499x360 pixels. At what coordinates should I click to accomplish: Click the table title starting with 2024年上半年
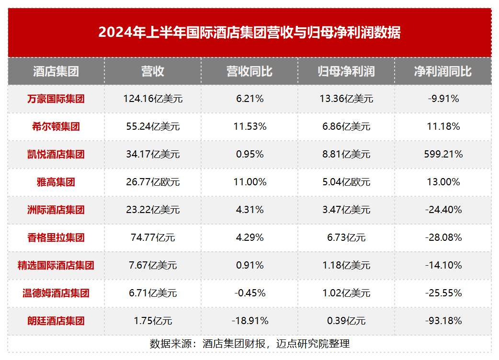(249, 33)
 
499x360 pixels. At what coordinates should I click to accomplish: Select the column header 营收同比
(249, 71)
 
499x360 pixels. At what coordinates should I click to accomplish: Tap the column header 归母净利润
(346, 71)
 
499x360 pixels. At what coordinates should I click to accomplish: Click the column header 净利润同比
(443, 71)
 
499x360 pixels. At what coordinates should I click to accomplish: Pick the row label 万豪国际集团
(56, 99)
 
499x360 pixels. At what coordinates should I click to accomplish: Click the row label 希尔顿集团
(56, 127)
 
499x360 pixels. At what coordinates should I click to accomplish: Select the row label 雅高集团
(56, 182)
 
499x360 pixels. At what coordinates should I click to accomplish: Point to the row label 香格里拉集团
(56, 237)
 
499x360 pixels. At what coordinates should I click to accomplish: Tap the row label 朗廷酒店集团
(56, 321)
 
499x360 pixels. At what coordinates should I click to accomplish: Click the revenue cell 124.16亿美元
(153, 99)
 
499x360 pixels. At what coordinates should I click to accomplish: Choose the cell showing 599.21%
(443, 155)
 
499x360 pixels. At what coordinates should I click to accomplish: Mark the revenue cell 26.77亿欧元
(153, 182)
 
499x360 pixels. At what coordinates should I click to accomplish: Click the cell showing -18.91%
(249, 321)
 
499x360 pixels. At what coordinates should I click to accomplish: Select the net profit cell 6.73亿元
(346, 237)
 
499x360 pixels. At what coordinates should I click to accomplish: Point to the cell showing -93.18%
(443, 321)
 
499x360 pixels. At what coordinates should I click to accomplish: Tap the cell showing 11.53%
(249, 127)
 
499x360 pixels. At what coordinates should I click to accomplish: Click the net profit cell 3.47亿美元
(346, 210)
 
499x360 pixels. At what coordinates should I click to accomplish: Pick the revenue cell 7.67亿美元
(153, 265)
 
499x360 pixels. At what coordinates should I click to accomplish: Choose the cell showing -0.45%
(249, 293)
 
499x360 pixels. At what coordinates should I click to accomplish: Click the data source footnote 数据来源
(249, 344)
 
